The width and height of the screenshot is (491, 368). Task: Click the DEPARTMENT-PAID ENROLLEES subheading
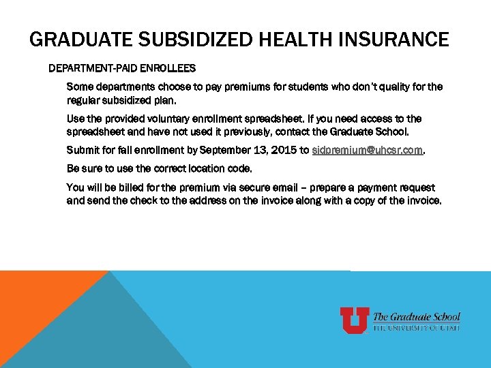[122, 69]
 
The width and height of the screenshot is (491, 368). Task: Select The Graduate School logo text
[417, 317]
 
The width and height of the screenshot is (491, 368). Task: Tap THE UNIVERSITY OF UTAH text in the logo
[417, 328]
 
